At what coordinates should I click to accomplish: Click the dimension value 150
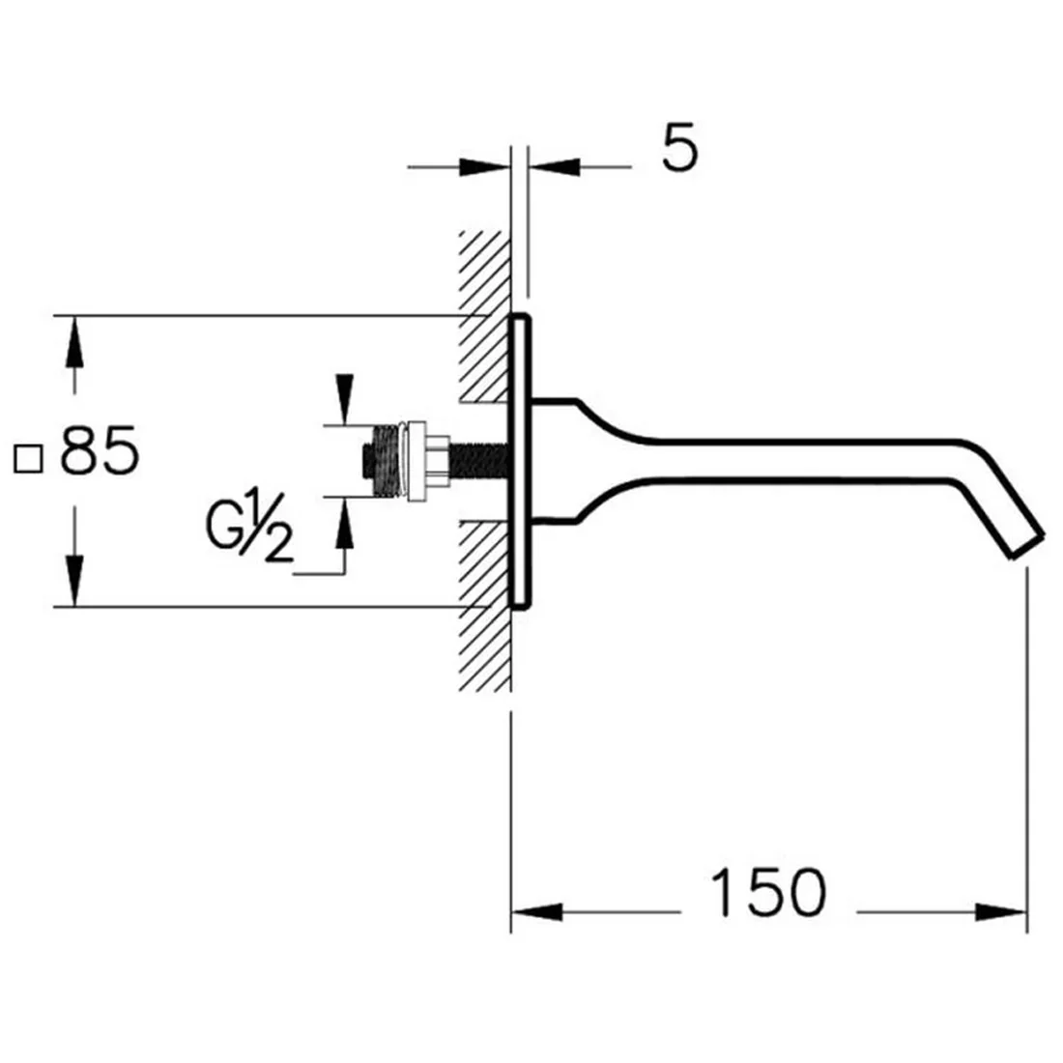click(768, 892)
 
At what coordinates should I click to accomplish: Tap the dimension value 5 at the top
click(679, 147)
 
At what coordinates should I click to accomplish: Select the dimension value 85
click(100, 449)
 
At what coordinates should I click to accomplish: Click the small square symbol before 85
click(28, 459)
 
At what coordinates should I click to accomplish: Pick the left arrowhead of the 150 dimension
click(536, 912)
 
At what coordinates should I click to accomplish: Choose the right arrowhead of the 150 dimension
click(1001, 912)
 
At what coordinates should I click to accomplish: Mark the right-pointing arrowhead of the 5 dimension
click(484, 167)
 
